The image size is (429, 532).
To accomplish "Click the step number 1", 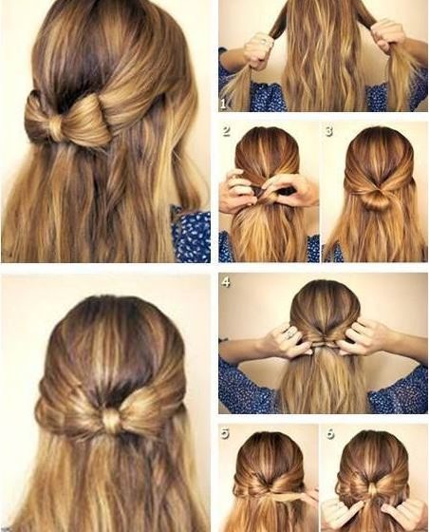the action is [223, 104].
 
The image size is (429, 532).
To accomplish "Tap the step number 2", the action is [226, 131].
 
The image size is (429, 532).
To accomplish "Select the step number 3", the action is [328, 131].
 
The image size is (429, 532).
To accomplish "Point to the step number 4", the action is [226, 281].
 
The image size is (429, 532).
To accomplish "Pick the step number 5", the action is [225, 433].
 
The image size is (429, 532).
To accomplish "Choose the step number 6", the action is [330, 433].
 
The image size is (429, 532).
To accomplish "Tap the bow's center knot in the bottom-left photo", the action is [112, 421].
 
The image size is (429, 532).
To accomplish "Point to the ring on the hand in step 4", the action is [290, 334].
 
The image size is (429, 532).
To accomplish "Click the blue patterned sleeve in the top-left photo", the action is [191, 234].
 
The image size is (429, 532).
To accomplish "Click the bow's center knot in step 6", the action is [373, 490].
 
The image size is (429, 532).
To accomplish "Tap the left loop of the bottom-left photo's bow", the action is [69, 412].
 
